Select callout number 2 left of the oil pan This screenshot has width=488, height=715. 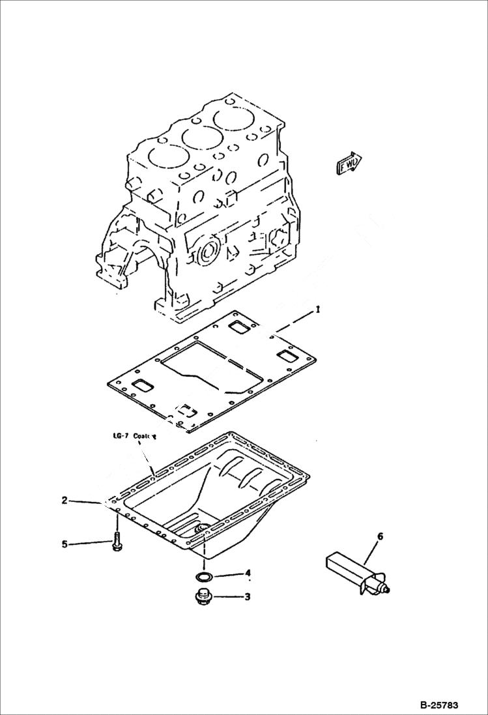65,501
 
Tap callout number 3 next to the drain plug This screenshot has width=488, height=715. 247,596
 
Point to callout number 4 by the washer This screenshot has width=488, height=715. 247,574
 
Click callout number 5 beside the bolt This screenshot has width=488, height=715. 65,544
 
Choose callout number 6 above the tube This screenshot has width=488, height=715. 380,536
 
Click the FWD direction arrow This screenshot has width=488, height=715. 349,164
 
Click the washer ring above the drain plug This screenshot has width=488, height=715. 203,576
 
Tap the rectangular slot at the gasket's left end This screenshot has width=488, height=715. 143,386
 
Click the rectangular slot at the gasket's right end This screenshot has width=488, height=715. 287,356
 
